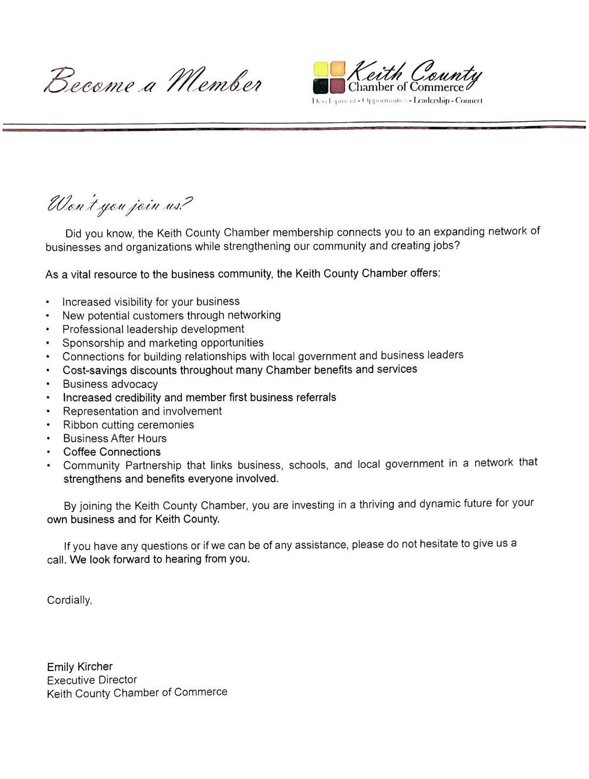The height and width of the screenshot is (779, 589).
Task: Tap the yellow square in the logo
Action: coord(321,69)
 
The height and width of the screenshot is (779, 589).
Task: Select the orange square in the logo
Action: coord(337,69)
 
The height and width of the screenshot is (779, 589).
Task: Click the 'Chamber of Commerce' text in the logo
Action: coord(405,87)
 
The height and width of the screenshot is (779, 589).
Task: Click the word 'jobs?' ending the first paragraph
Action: coord(447,245)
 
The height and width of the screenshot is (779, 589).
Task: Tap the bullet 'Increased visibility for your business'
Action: coord(151,301)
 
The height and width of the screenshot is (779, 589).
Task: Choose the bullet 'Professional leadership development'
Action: coord(153,329)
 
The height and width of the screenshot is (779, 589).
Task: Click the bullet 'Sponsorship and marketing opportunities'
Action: coord(163,342)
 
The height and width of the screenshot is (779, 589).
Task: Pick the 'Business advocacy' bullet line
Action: coord(110,384)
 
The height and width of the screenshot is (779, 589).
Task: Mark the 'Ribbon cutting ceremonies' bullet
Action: coord(129,425)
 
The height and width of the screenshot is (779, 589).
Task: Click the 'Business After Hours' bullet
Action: coord(115,438)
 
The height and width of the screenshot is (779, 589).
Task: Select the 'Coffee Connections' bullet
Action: coord(112,452)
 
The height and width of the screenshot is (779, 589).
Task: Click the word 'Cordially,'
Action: coord(69,600)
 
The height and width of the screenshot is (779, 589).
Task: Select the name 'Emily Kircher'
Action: coord(80,667)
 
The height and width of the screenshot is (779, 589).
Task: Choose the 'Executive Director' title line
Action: coord(92,680)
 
